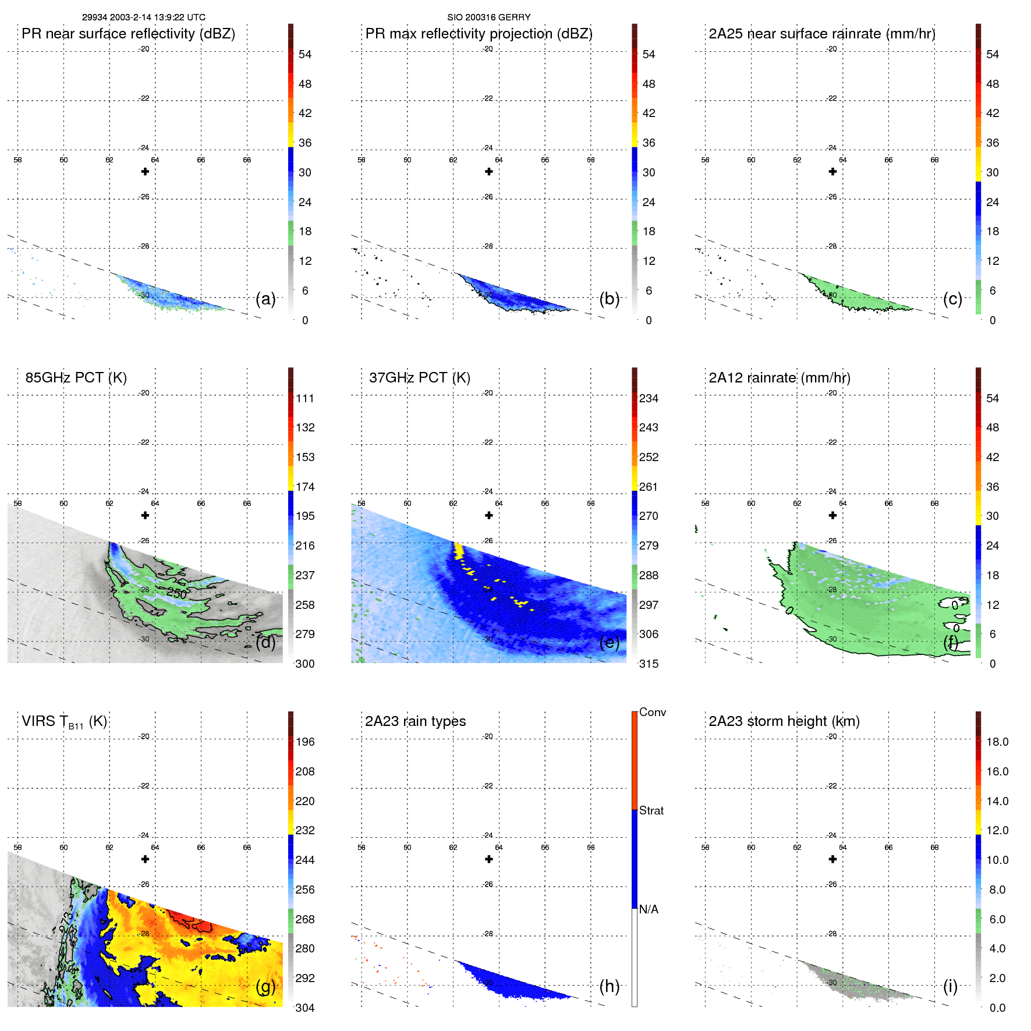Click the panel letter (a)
point(265,299)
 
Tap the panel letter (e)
point(609,643)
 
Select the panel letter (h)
point(609,986)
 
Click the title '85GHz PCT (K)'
point(76,378)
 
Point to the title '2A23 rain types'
point(415,721)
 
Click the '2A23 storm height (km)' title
point(784,721)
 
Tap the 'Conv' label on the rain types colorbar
point(652,712)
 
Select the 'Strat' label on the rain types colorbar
point(651,810)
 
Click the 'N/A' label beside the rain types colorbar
point(649,909)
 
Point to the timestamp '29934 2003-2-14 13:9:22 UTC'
point(143,17)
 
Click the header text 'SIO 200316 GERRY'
point(488,17)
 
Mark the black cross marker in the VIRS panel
point(145,859)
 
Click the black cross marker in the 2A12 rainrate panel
point(832,515)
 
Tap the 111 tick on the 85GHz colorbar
point(304,399)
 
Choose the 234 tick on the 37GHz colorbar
point(649,399)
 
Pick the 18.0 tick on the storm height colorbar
point(997,742)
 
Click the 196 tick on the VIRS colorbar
point(304,742)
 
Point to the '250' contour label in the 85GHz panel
point(176,594)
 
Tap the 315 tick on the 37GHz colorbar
point(649,664)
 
